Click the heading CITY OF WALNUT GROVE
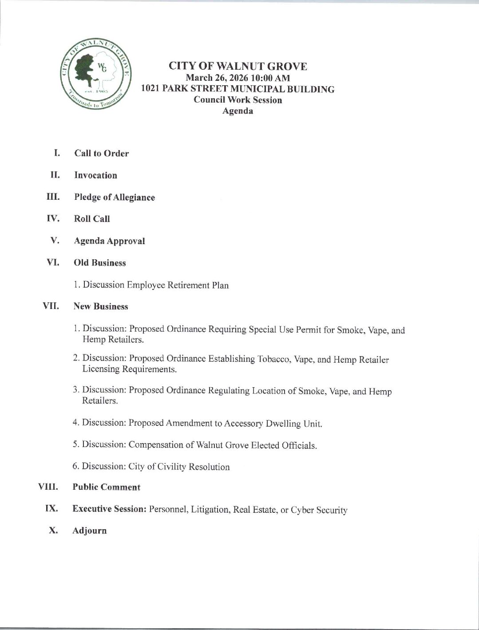[238, 67]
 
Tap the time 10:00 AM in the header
[271, 78]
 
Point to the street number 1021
[150, 89]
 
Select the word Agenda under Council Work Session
[238, 111]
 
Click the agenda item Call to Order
[101, 154]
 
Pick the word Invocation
[95, 175]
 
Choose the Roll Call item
[92, 219]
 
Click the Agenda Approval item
[109, 241]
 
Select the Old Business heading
[99, 263]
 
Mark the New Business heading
[101, 306]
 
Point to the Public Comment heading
[106, 487]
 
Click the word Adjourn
[89, 531]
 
